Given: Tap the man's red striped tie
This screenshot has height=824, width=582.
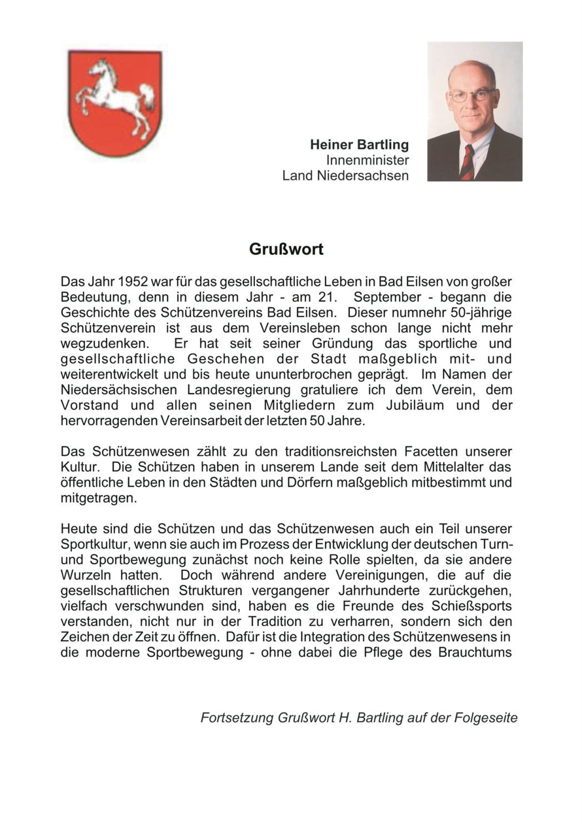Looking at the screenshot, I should click(x=467, y=162).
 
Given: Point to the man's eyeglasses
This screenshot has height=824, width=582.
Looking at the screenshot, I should click(x=472, y=96).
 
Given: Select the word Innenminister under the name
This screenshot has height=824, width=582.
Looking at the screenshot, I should click(x=368, y=160).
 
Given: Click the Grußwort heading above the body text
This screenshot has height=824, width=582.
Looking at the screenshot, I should click(x=286, y=249).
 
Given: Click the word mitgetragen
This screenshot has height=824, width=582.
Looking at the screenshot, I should click(x=98, y=498).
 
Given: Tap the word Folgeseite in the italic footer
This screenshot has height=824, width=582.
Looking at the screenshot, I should click(x=486, y=718).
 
